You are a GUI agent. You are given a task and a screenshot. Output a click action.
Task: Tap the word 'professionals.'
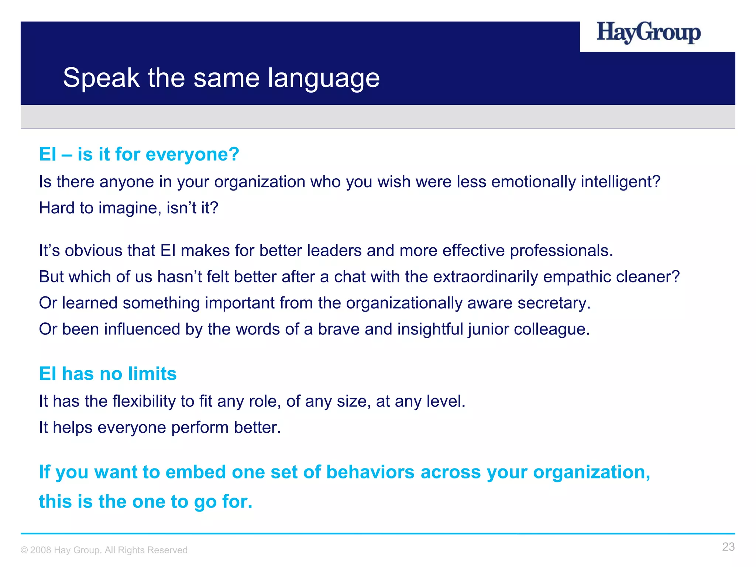click(561, 251)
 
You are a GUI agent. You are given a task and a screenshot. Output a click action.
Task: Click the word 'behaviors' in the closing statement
click(370, 472)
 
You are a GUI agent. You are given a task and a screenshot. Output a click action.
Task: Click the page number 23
click(728, 547)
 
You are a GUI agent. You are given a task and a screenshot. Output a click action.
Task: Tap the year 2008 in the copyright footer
click(41, 550)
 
